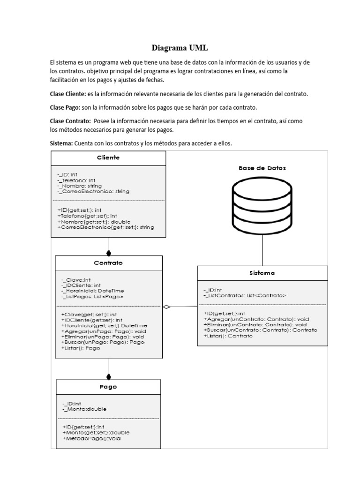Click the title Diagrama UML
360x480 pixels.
[180, 48]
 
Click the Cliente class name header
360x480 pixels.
[108, 157]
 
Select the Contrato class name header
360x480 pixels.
[109, 263]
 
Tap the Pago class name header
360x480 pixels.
[108, 387]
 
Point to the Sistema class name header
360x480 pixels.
[262, 273]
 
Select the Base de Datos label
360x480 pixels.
[262, 168]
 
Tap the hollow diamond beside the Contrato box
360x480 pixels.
[166, 307]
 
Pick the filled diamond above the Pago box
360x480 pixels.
[109, 375]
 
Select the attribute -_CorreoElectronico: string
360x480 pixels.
[93, 191]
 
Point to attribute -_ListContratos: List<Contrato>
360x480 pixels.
[245, 296]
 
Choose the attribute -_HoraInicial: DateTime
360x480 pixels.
[92, 291]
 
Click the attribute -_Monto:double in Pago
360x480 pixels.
[84, 409]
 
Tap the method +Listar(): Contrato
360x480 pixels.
[228, 336]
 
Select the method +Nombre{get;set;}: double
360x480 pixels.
[94, 221]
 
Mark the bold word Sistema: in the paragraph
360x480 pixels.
[61, 143]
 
